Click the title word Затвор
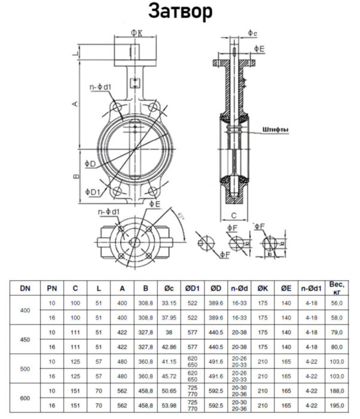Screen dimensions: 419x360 [180, 12]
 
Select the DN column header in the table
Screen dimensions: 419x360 [25, 289]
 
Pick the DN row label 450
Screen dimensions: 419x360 [25, 339]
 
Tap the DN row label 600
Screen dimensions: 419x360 [25, 398]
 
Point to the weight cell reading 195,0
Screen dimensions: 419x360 [335, 405]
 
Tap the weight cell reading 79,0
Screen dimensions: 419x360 [335, 332]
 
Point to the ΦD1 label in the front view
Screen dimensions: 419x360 [91, 192]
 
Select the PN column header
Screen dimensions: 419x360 [51, 289]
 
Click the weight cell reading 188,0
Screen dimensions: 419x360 [335, 390]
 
